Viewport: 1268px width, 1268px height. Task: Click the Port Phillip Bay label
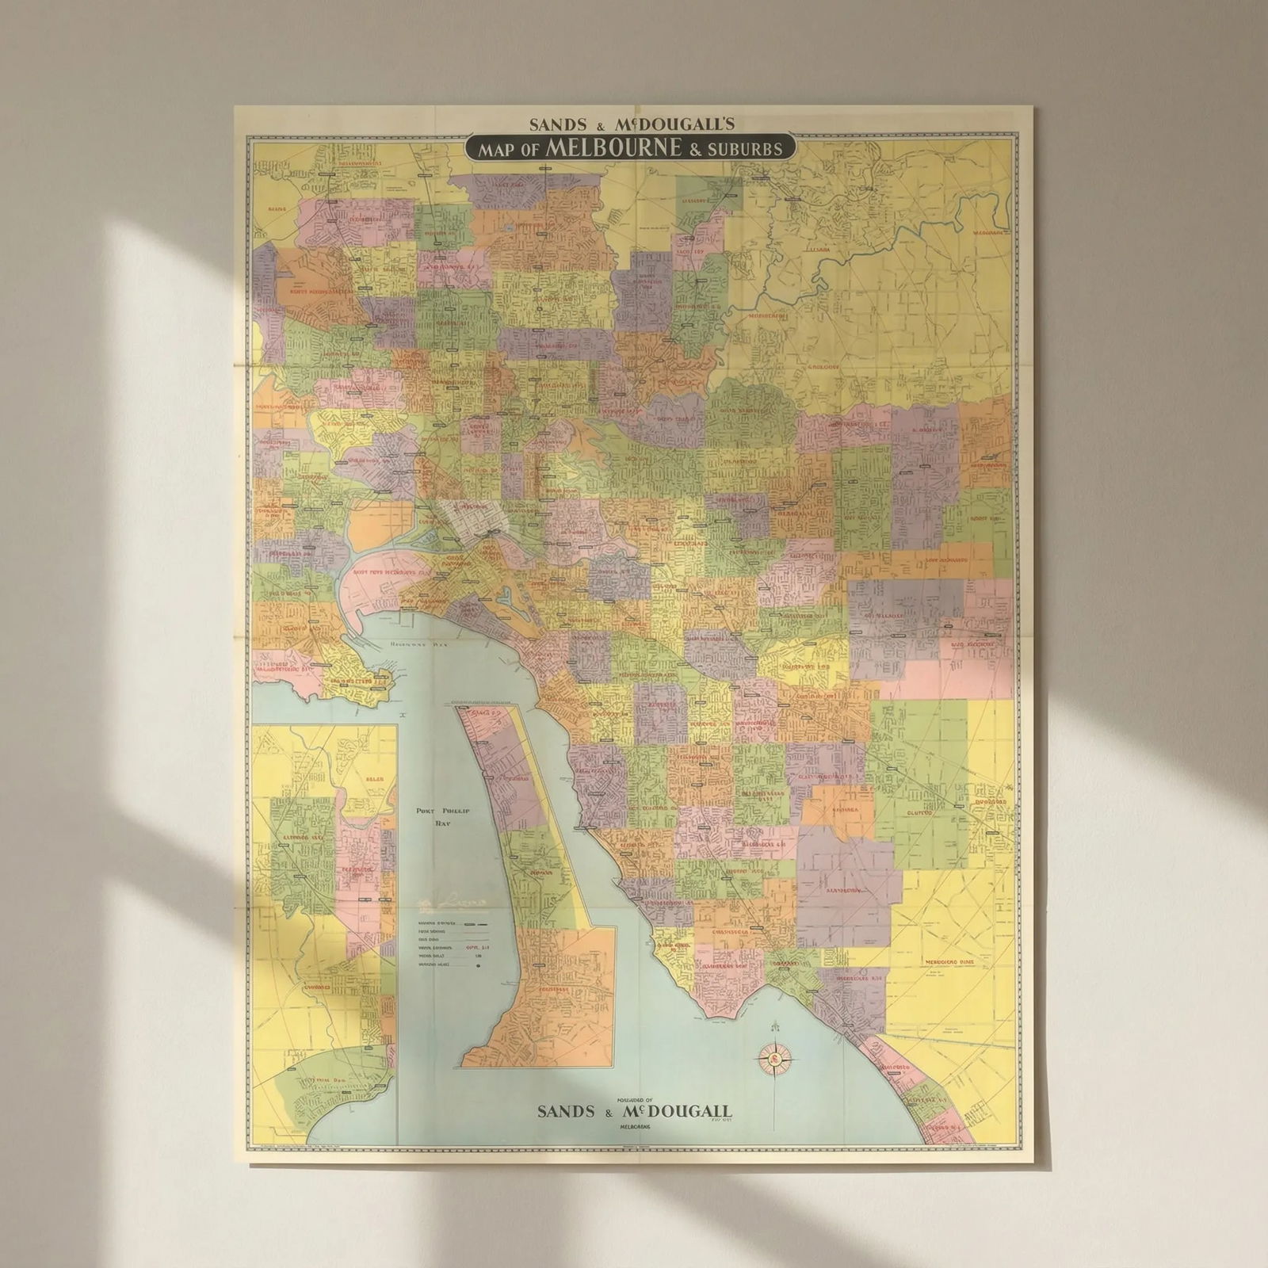click(x=432, y=817)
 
